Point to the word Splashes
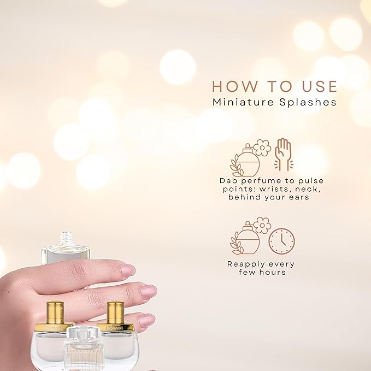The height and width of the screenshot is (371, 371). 309,102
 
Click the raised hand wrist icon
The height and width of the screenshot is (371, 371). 283,154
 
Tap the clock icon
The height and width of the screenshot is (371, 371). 281,241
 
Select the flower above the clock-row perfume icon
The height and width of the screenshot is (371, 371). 262,225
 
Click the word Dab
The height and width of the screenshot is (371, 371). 226,180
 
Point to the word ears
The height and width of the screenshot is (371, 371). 298,197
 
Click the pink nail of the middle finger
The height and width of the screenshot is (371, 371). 148,291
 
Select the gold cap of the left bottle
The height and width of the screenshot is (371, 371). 55,312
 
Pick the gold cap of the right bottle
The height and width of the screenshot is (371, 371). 115,312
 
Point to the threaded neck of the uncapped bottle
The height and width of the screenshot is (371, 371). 66,239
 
